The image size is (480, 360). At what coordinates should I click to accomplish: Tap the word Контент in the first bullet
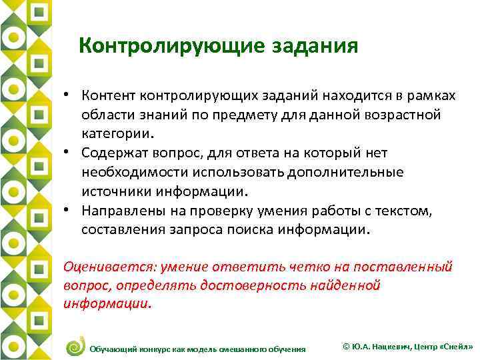[111, 95]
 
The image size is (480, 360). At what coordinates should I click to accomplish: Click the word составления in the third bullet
[119, 230]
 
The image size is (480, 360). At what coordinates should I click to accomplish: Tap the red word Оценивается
[107, 267]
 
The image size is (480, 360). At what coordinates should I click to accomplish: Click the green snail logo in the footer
[75, 345]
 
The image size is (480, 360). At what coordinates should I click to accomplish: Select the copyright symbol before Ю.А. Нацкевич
[345, 347]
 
